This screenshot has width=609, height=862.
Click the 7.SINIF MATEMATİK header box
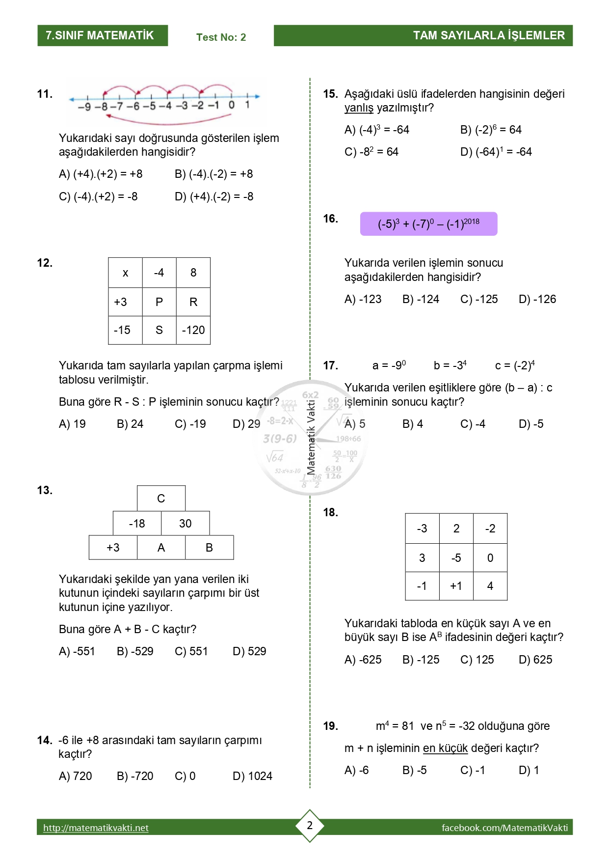point(103,35)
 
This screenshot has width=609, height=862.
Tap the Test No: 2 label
point(221,37)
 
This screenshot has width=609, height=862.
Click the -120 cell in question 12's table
point(193,330)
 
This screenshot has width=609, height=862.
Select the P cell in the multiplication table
point(159,302)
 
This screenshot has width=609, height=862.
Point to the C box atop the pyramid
point(161,499)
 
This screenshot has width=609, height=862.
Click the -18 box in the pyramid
point(137,524)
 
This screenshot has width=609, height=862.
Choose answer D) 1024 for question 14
point(252,776)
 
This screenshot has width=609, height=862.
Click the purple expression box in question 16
point(428,224)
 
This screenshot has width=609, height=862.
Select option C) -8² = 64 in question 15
point(371,152)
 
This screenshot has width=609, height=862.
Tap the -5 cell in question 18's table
point(456,558)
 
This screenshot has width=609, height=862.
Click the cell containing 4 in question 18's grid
point(490,586)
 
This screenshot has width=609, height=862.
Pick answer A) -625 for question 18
point(363,660)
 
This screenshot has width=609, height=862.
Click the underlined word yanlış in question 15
point(359,108)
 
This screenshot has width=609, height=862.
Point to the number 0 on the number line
point(232,105)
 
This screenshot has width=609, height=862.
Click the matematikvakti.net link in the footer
point(96,828)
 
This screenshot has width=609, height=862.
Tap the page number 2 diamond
point(310,825)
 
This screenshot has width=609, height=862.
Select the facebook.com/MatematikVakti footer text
point(504,828)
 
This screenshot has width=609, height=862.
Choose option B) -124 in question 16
point(421,299)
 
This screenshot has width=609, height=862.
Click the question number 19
point(330,726)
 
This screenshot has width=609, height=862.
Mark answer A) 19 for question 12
point(72,424)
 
